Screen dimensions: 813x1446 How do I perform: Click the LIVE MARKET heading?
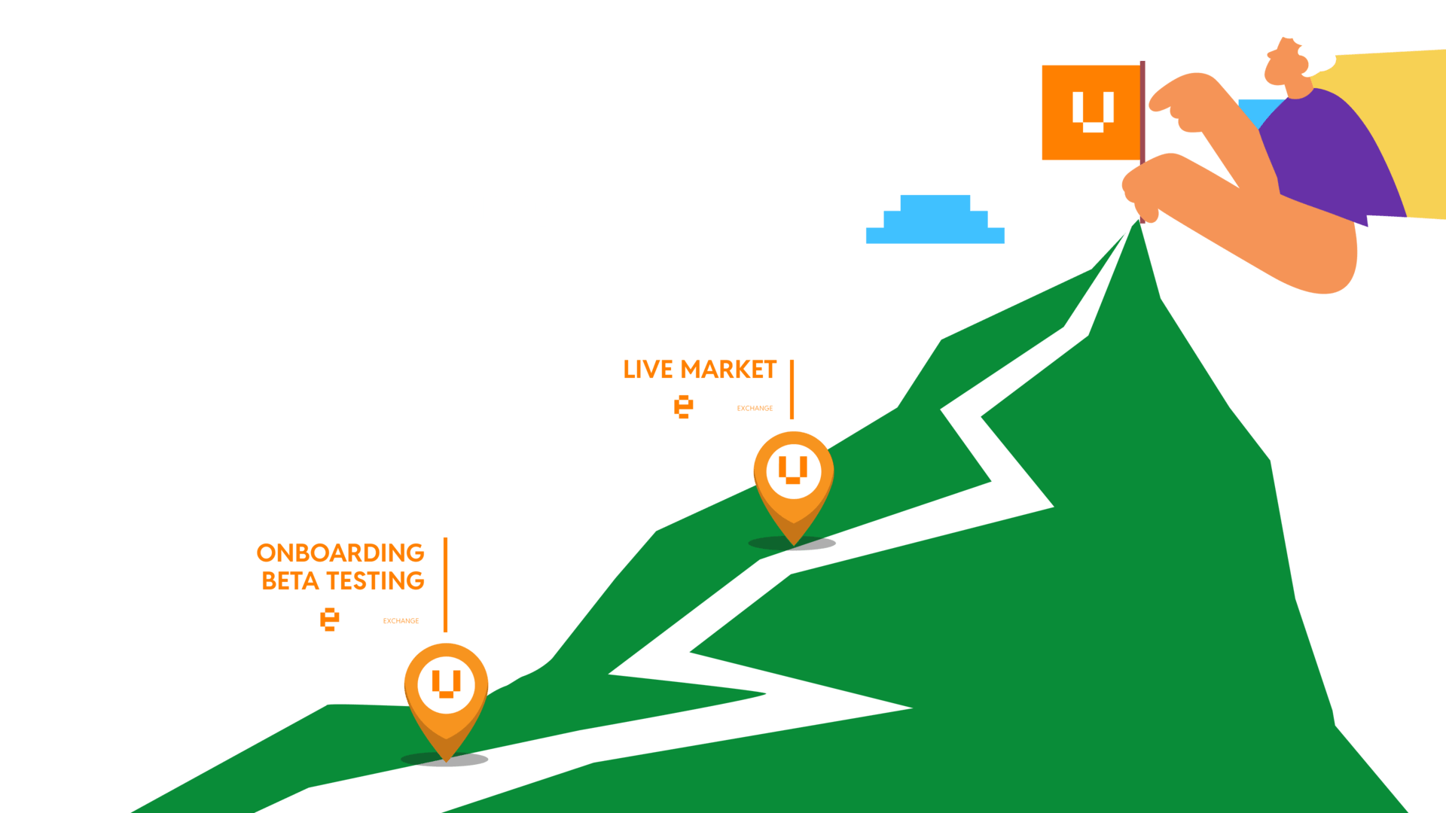(700, 370)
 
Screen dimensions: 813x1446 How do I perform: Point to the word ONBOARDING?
(340, 553)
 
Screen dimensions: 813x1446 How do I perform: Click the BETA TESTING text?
(343, 581)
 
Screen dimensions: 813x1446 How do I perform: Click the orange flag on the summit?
(1091, 112)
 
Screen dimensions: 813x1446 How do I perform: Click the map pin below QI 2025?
(793, 482)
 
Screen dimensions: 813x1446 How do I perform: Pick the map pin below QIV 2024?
(446, 694)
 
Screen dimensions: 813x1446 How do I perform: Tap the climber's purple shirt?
(1329, 151)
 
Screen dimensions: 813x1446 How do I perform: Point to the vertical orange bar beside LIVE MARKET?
(792, 389)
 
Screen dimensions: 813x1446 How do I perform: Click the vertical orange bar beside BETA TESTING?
(446, 585)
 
